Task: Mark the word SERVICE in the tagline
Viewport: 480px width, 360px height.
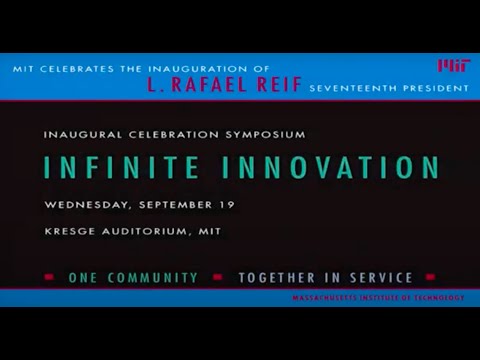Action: (x=379, y=277)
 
